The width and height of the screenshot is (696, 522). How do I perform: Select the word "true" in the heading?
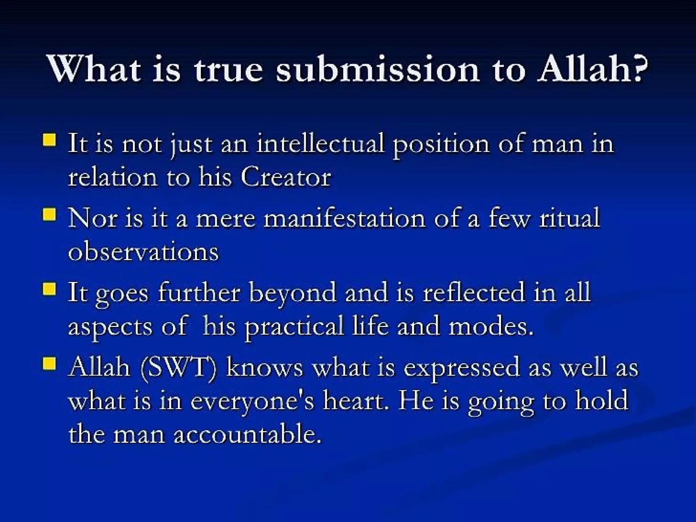(228, 69)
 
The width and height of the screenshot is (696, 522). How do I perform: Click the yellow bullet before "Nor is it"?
(49, 215)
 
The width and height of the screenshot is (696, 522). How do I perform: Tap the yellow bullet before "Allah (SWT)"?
(49, 364)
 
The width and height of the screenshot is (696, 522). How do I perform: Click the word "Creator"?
(285, 177)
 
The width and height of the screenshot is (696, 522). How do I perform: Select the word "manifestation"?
(344, 219)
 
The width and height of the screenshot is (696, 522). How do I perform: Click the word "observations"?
(143, 252)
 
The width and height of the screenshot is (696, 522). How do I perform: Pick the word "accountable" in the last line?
(247, 435)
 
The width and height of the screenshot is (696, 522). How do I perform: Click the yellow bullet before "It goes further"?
(49, 290)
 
